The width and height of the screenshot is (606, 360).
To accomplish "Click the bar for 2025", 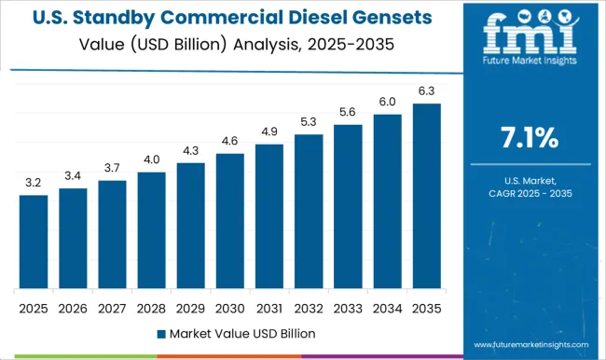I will [33, 242].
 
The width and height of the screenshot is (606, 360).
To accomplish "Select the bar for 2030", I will [229, 221].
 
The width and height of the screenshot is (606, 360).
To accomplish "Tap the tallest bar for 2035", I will [426, 196].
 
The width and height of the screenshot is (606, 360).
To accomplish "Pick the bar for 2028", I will [151, 230].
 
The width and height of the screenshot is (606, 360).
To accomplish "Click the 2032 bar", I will [309, 212].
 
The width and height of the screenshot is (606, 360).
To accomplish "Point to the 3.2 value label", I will [33, 183].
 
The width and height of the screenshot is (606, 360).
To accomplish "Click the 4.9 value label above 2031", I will [269, 132].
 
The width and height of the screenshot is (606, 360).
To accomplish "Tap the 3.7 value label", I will [112, 168].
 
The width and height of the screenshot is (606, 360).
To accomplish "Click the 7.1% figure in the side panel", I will [529, 139].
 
